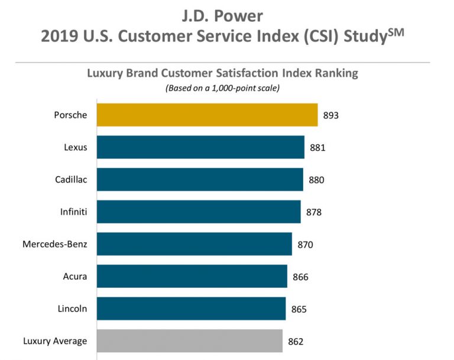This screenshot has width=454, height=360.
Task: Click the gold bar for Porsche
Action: click(x=207, y=115)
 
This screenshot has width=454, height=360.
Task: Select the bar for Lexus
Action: click(x=200, y=147)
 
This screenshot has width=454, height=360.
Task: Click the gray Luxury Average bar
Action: click(x=190, y=340)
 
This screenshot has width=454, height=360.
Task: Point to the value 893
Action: click(x=331, y=115)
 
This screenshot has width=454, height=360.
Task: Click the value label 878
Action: click(x=314, y=212)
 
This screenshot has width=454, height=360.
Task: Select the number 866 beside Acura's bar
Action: click(x=300, y=276)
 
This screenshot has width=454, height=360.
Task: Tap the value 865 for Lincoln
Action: click(x=299, y=309)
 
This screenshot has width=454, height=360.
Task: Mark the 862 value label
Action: click(x=296, y=341)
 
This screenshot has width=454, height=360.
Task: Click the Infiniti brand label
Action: click(x=73, y=211)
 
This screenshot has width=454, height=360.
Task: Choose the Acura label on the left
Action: click(x=75, y=275)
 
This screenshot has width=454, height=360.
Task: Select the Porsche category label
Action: click(x=70, y=115)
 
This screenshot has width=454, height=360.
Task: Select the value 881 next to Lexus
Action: click(x=317, y=148)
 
